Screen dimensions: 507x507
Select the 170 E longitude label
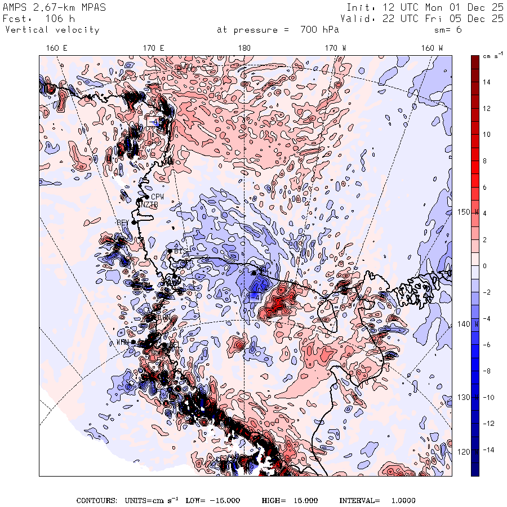(x=153, y=48)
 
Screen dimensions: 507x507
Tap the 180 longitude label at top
(x=244, y=48)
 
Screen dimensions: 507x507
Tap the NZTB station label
(x=149, y=204)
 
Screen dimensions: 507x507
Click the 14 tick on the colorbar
(x=486, y=82)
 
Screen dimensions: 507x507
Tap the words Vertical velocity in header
(x=52, y=30)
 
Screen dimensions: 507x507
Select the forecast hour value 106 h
(x=60, y=19)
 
